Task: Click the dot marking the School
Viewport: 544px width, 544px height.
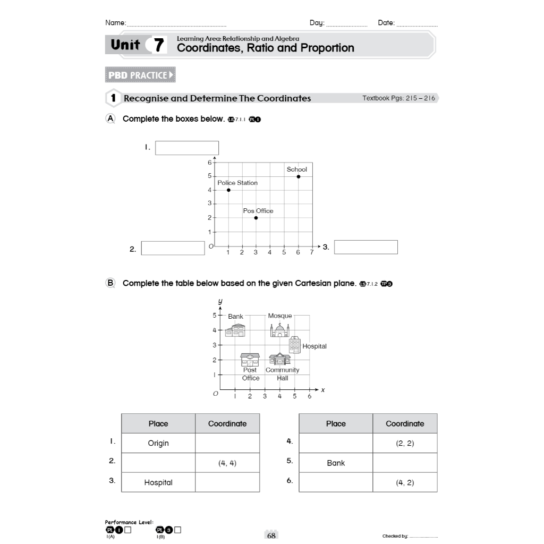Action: (298, 176)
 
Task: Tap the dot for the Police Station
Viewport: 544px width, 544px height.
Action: (228, 190)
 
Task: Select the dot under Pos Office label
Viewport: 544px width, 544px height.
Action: (256, 218)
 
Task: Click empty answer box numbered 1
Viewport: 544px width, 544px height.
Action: (187, 148)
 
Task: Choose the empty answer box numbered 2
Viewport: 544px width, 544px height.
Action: (173, 248)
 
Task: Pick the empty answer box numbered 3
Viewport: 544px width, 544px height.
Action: (366, 247)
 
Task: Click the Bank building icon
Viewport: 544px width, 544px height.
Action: (235, 330)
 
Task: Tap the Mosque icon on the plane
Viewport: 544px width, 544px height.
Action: (279, 330)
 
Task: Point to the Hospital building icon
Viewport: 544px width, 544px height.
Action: (295, 345)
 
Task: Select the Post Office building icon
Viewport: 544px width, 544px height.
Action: (250, 359)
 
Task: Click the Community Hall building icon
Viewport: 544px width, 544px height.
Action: (279, 359)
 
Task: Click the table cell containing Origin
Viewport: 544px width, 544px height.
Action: (158, 443)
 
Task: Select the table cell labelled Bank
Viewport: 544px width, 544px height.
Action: (336, 463)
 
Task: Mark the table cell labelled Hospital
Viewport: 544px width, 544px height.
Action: (158, 482)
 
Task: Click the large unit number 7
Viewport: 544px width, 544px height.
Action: (158, 46)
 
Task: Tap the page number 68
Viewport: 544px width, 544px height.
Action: (271, 535)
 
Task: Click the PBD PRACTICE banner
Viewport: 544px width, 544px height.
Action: (141, 75)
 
